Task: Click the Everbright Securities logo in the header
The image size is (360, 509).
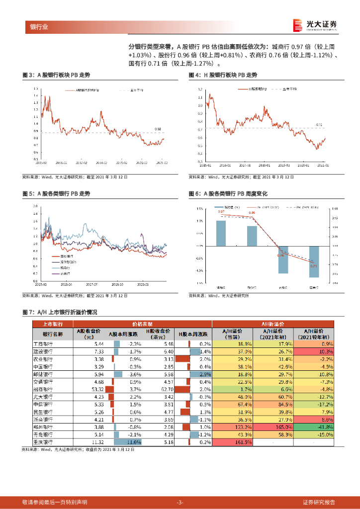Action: (x=315, y=25)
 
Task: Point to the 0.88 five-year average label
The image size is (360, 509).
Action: (x=158, y=129)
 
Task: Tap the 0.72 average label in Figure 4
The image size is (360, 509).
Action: (x=319, y=125)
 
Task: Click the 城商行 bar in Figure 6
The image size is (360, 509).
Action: (x=221, y=233)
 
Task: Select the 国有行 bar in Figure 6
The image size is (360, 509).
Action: (x=314, y=261)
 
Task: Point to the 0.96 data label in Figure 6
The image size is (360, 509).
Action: (x=252, y=213)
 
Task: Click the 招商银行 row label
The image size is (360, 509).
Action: (x=48, y=389)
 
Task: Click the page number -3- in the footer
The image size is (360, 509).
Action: (x=180, y=502)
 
